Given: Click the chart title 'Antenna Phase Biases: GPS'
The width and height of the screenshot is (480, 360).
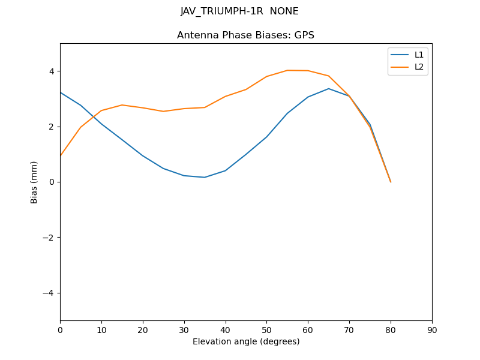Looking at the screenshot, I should coord(245,35).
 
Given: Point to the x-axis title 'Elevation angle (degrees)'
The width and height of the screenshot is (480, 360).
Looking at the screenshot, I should coord(246,341).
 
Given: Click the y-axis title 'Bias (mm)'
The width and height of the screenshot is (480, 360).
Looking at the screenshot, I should coord(34,182).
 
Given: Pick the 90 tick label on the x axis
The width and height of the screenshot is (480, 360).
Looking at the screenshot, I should coord(432,329).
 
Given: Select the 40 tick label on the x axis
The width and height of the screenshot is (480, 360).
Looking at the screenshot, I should coord(225,329).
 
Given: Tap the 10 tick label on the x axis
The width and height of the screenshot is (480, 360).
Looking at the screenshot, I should coord(101,329).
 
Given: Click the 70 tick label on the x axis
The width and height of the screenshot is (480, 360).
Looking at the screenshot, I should coord(349,329).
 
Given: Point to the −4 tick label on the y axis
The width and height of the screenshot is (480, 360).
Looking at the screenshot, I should coord(49,293).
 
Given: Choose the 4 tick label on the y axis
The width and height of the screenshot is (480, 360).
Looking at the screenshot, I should coord(52,71).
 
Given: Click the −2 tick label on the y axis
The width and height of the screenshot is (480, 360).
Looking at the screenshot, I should coord(49,238).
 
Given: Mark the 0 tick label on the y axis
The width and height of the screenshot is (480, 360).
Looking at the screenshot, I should coord(52,182).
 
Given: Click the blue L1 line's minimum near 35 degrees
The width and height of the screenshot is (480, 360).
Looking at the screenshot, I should coord(205,177).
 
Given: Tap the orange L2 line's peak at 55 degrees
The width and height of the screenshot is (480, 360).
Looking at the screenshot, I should coord(287,70).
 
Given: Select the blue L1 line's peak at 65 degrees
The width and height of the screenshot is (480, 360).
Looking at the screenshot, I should coord(329,89).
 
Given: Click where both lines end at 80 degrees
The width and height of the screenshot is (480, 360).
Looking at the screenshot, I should coord(391,182).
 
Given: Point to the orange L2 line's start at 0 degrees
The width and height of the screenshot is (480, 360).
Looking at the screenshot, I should coord(61,156).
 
